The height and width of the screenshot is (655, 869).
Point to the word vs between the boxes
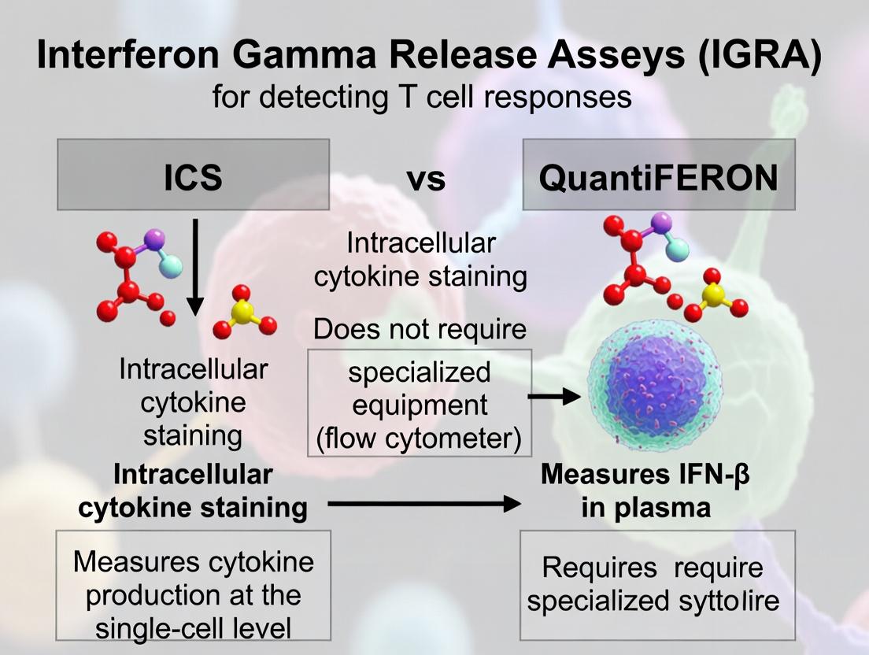(426, 179)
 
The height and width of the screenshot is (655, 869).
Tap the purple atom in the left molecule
(154, 238)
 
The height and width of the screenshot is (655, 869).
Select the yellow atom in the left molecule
(242, 313)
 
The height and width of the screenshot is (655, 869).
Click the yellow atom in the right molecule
(714, 295)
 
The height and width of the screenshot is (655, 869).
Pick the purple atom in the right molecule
(661, 221)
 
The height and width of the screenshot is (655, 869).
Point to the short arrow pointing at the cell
(550, 398)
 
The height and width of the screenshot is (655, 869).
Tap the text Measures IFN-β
(645, 476)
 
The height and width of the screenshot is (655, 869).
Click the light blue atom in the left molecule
(170, 266)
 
